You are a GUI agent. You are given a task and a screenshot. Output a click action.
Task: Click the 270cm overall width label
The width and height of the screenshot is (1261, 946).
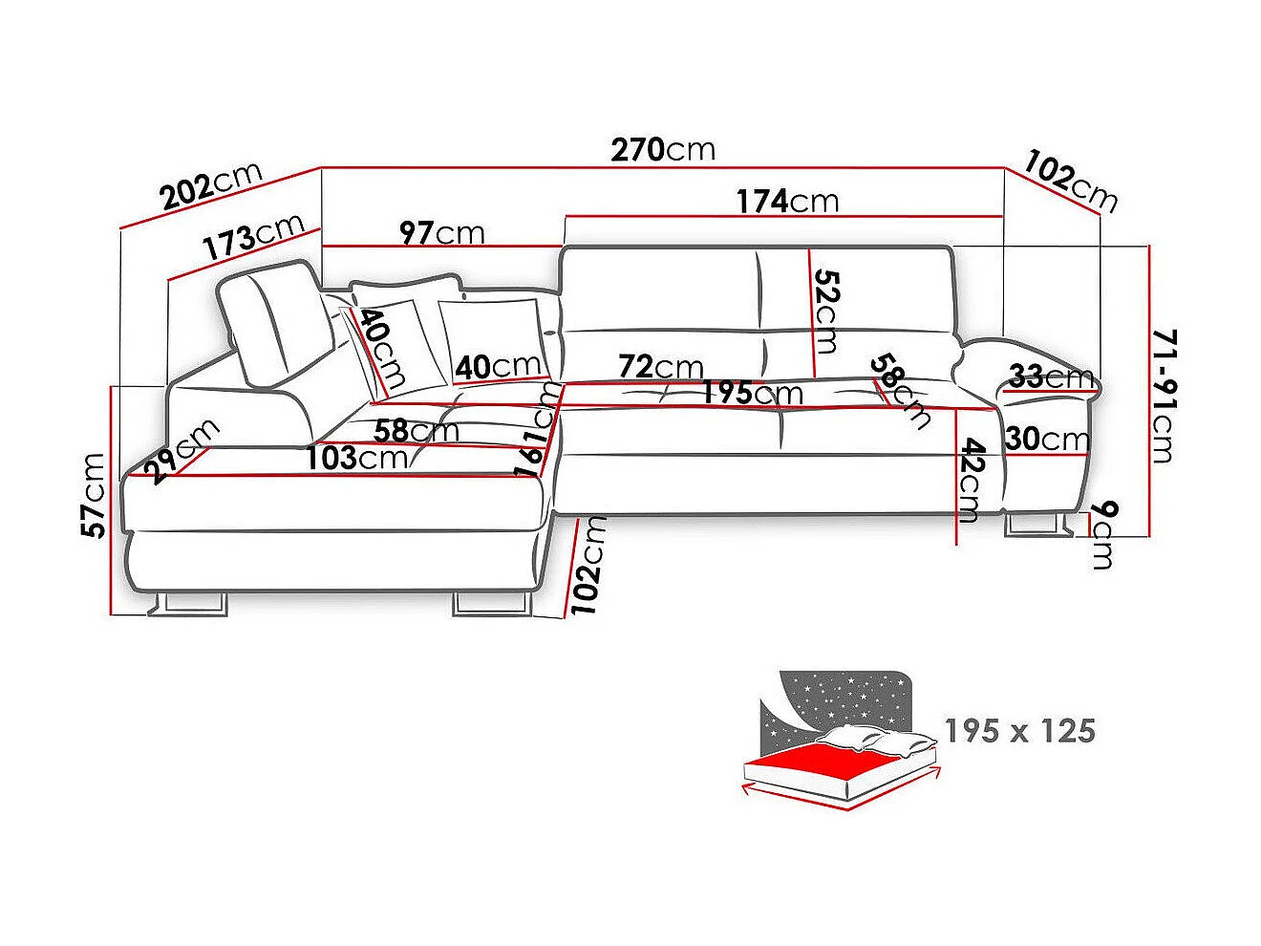pyautogui.click(x=663, y=150)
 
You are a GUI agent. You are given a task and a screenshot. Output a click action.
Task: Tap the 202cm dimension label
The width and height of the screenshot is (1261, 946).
pyautogui.click(x=211, y=186)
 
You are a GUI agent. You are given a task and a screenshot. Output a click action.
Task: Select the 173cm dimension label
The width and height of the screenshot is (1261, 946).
pyautogui.click(x=252, y=238)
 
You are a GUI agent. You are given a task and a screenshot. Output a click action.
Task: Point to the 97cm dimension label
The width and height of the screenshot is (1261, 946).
pyautogui.click(x=441, y=232)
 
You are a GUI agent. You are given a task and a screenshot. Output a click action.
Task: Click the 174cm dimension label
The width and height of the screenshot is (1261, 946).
pyautogui.click(x=787, y=201)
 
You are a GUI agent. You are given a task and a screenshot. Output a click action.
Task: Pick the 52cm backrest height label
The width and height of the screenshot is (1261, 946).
pyautogui.click(x=825, y=311)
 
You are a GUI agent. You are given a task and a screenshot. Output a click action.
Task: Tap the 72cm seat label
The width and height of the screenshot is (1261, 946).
pyautogui.click(x=660, y=366)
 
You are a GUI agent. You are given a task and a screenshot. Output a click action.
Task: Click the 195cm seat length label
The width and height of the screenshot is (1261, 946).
pyautogui.click(x=752, y=393)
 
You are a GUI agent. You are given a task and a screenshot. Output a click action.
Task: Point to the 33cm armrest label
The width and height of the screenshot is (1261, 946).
pyautogui.click(x=1051, y=377)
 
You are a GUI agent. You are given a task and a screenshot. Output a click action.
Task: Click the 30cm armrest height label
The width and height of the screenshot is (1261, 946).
pyautogui.click(x=1047, y=439)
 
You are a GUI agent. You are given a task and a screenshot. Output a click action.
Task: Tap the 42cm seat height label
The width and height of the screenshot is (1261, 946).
pyautogui.click(x=971, y=480)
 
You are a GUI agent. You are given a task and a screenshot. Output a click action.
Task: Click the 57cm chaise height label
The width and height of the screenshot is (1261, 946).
pyautogui.click(x=94, y=495)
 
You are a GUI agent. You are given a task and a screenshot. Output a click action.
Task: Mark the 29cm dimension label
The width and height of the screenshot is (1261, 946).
pyautogui.click(x=181, y=451)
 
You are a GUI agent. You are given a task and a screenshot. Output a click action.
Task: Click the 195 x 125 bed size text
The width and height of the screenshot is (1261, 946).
pyautogui.click(x=1019, y=731)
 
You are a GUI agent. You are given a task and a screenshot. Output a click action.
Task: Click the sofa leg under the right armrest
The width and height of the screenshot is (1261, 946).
pyautogui.click(x=1036, y=524)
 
